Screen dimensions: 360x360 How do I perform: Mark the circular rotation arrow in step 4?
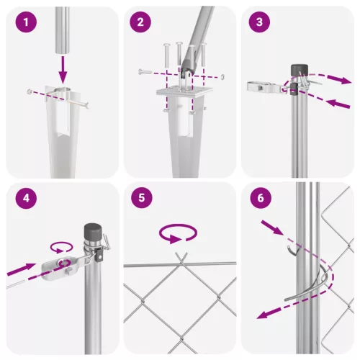tap(61, 246)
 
